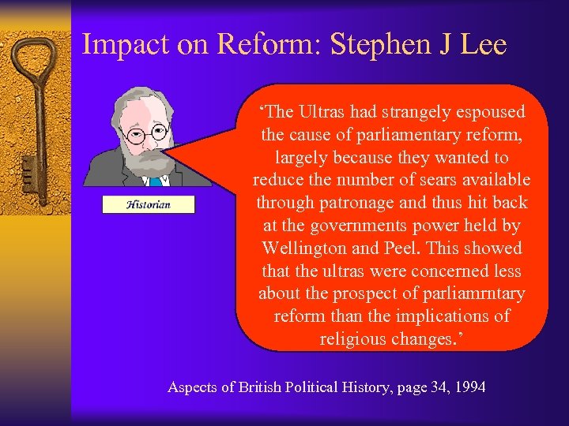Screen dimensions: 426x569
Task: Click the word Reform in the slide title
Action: tap(267, 44)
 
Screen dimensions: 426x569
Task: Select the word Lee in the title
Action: tap(481, 44)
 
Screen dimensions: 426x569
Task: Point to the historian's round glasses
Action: tap(148, 133)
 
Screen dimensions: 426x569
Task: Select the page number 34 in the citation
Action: tap(428, 387)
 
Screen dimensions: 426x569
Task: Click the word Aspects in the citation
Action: tap(193, 387)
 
